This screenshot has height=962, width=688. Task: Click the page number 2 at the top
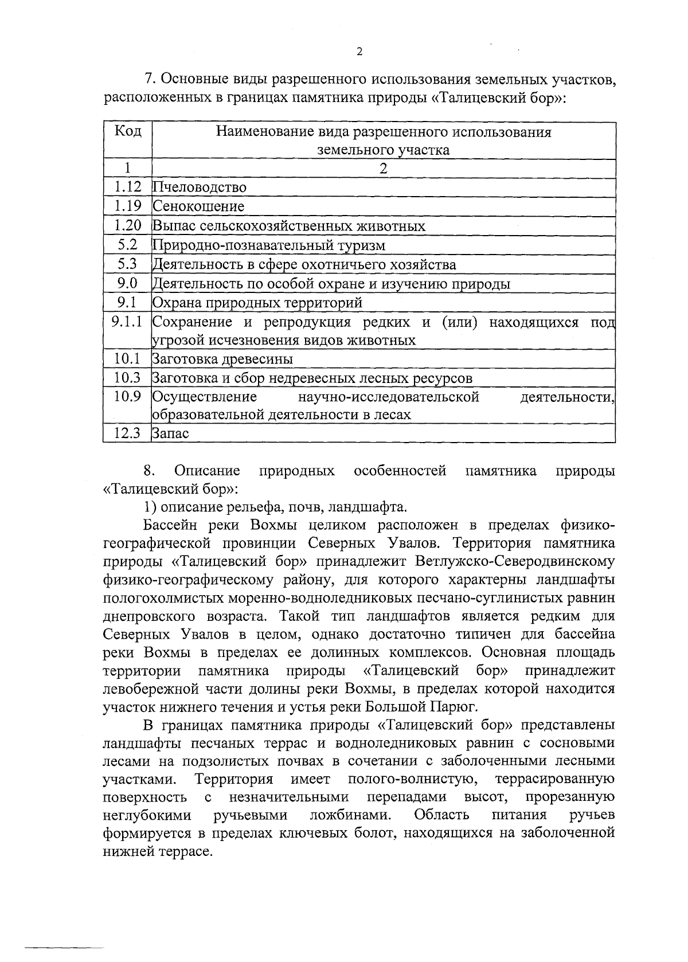359,52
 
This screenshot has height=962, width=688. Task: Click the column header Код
128,132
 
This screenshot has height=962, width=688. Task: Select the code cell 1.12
127,187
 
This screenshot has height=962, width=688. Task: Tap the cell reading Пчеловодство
200,187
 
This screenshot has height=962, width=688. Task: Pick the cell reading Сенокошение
198,206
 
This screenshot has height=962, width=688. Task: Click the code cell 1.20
127,225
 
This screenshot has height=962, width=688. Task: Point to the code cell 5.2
127,245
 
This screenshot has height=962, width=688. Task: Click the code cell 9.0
127,283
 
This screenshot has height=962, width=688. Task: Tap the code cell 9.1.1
127,322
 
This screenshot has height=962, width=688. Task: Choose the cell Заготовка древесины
222,359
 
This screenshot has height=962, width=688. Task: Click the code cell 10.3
127,378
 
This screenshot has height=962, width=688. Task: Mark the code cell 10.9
127,397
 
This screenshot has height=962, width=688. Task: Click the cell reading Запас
170,434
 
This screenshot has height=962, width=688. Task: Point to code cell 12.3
127,434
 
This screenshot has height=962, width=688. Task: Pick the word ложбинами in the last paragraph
351,815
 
